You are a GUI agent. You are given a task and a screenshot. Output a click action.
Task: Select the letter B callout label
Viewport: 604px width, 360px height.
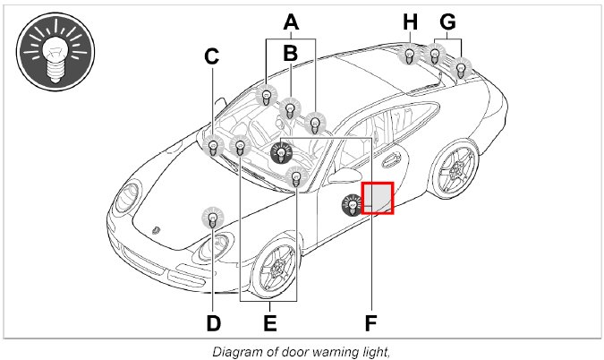(290, 54)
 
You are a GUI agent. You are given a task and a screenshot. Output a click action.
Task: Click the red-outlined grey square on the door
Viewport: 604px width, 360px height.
(378, 198)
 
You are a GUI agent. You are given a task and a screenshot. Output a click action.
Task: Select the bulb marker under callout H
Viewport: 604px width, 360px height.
(409, 56)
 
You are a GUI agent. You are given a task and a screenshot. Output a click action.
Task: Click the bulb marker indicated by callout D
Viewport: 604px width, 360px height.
(213, 218)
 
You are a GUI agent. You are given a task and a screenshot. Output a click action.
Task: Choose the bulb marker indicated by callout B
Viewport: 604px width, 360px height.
(290, 109)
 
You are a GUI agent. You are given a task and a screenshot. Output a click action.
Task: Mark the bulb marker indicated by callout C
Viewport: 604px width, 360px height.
(213, 146)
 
